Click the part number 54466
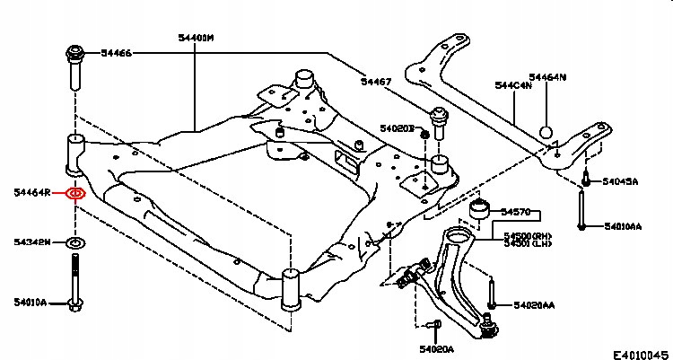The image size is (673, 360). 117,54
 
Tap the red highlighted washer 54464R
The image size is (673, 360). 76,193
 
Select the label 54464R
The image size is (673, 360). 32,193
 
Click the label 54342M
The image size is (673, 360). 32,242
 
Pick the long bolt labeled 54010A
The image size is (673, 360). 75,283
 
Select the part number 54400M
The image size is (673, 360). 196,38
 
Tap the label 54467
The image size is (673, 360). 377,82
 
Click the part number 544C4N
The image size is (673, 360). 513,87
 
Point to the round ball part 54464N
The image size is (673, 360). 546,133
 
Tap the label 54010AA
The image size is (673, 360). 623,226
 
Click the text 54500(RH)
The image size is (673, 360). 528,236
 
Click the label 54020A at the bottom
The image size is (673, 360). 436,347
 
